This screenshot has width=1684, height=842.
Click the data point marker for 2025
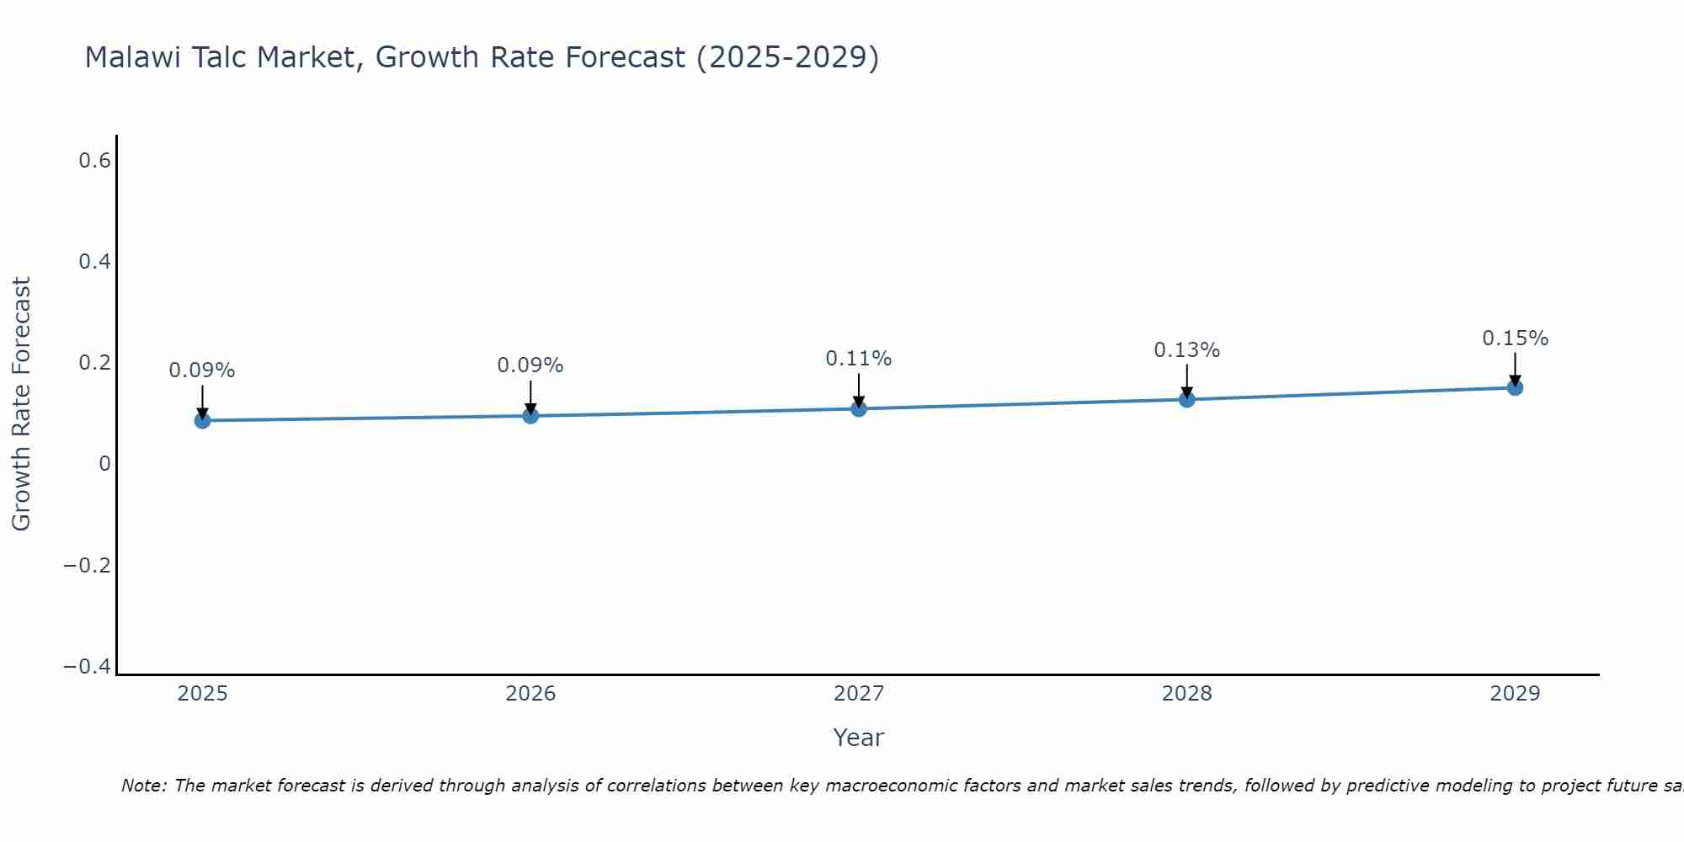(202, 420)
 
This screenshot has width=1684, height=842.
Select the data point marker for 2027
(859, 408)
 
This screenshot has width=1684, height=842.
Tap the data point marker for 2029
(1515, 387)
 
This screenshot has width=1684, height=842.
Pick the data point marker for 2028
(1186, 399)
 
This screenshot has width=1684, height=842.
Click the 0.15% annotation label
(1515, 338)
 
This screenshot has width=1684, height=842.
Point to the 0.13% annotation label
(1186, 350)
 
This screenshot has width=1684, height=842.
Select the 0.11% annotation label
(858, 359)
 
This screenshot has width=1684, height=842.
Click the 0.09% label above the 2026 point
(530, 365)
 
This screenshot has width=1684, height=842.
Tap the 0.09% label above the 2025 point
(202, 370)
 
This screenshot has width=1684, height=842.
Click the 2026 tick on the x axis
(530, 694)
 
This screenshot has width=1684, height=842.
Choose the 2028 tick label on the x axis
(1186, 694)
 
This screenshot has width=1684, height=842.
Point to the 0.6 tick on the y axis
(94, 160)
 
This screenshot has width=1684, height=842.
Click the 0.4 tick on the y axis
(94, 262)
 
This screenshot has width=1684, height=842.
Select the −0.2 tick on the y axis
(87, 565)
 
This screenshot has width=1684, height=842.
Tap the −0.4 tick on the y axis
(87, 667)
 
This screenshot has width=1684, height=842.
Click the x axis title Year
(858, 738)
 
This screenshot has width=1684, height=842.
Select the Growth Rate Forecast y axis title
(21, 404)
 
